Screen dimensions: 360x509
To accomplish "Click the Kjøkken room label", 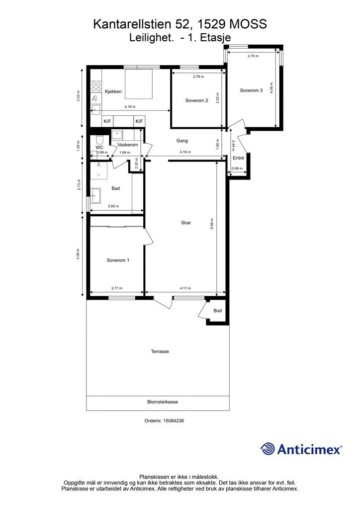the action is pyautogui.click(x=113, y=91).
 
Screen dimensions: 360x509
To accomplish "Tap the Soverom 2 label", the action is pyautogui.click(x=197, y=100).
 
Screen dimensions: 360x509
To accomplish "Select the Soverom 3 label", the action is pyautogui.click(x=251, y=90).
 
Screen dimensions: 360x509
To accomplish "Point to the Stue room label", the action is pyautogui.click(x=185, y=223).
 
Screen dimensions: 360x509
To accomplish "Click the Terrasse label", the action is pyautogui.click(x=160, y=351).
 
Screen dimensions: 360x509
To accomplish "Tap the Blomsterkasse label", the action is pyautogui.click(x=163, y=402).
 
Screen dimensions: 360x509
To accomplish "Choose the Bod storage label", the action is pyautogui.click(x=217, y=311).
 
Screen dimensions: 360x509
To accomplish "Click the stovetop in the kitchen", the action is pyautogui.click(x=96, y=86).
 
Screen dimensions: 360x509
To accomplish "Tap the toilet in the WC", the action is pyautogui.click(x=99, y=140).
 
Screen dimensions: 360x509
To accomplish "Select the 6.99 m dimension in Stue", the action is pyautogui.click(x=212, y=224).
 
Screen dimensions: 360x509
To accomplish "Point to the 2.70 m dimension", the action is pyautogui.click(x=253, y=56).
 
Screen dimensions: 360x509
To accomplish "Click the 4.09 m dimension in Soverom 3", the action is pyautogui.click(x=271, y=88).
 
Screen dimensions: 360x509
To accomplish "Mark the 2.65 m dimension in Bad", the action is pyautogui.click(x=113, y=206).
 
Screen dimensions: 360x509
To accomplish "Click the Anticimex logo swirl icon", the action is pyautogui.click(x=267, y=449).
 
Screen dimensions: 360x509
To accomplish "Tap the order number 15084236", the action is pyautogui.click(x=174, y=421).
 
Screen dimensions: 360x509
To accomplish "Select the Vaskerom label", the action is pyautogui.click(x=128, y=145).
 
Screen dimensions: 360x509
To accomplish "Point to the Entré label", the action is pyautogui.click(x=238, y=158).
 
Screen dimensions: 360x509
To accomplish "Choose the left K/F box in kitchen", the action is pyautogui.click(x=107, y=121).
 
